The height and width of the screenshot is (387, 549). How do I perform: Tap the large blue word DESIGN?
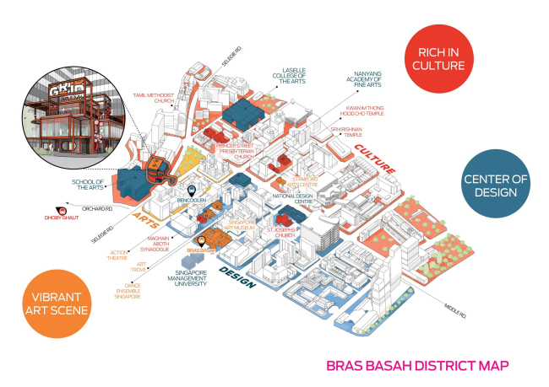pos(237,271)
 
